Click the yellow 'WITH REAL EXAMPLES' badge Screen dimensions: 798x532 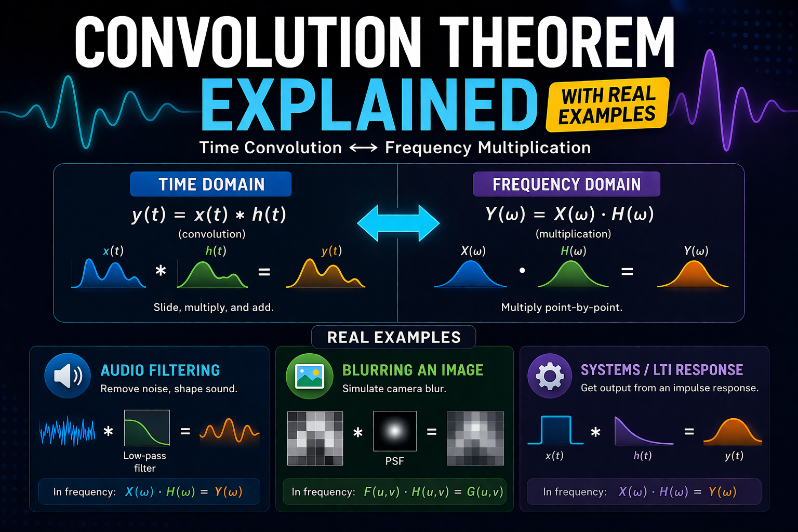tap(607, 104)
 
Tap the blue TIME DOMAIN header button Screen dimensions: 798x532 tap(211, 184)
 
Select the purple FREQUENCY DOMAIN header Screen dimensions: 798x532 tap(566, 184)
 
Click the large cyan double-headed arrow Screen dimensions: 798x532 tap(398, 223)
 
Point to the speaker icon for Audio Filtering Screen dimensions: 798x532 tap(68, 376)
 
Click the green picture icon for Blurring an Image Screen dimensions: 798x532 tap(310, 376)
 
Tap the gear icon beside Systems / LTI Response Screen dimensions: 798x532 tap(550, 376)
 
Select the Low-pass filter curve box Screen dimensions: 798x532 tap(147, 428)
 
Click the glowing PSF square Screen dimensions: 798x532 tap(395, 431)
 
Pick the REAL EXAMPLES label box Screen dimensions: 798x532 tap(394, 337)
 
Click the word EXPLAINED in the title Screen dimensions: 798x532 tap(369, 105)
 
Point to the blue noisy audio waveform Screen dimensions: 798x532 tap(68, 431)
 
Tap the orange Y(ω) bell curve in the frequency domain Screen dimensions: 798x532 tap(693, 274)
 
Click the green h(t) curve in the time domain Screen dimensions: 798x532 tap(212, 275)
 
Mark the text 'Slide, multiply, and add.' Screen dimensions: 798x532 tap(214, 307)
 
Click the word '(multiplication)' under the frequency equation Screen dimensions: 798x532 tap(573, 234)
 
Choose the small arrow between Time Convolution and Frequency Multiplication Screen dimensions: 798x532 tap(363, 148)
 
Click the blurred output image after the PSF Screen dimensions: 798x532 tap(475, 438)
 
